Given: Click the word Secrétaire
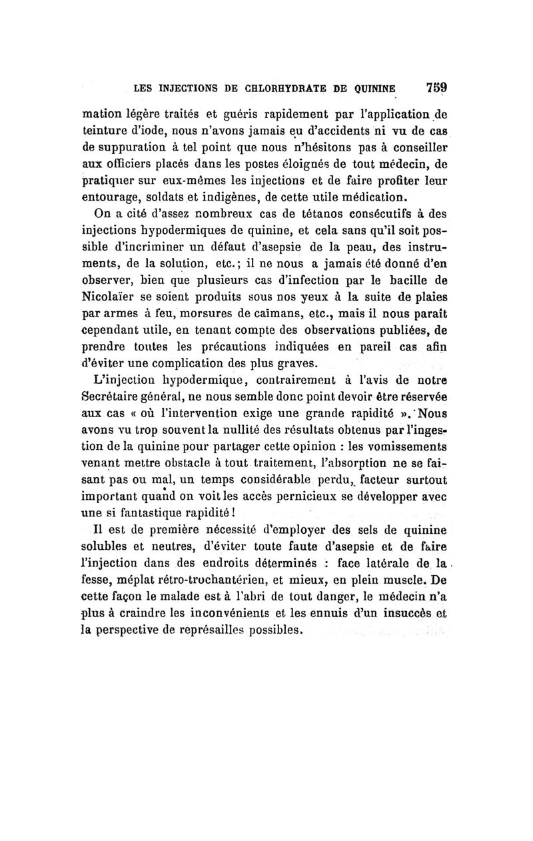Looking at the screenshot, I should click(x=129, y=399).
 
